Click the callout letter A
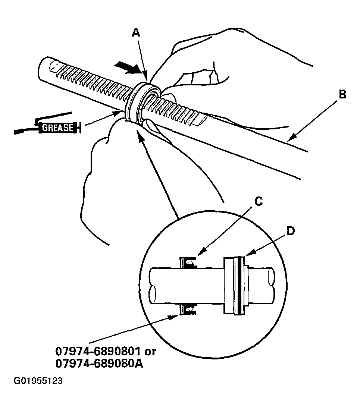point(137,33)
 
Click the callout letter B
point(342,95)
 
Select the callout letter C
point(259,201)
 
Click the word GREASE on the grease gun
point(58,127)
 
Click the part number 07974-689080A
point(100,363)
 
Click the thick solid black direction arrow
point(127,68)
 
